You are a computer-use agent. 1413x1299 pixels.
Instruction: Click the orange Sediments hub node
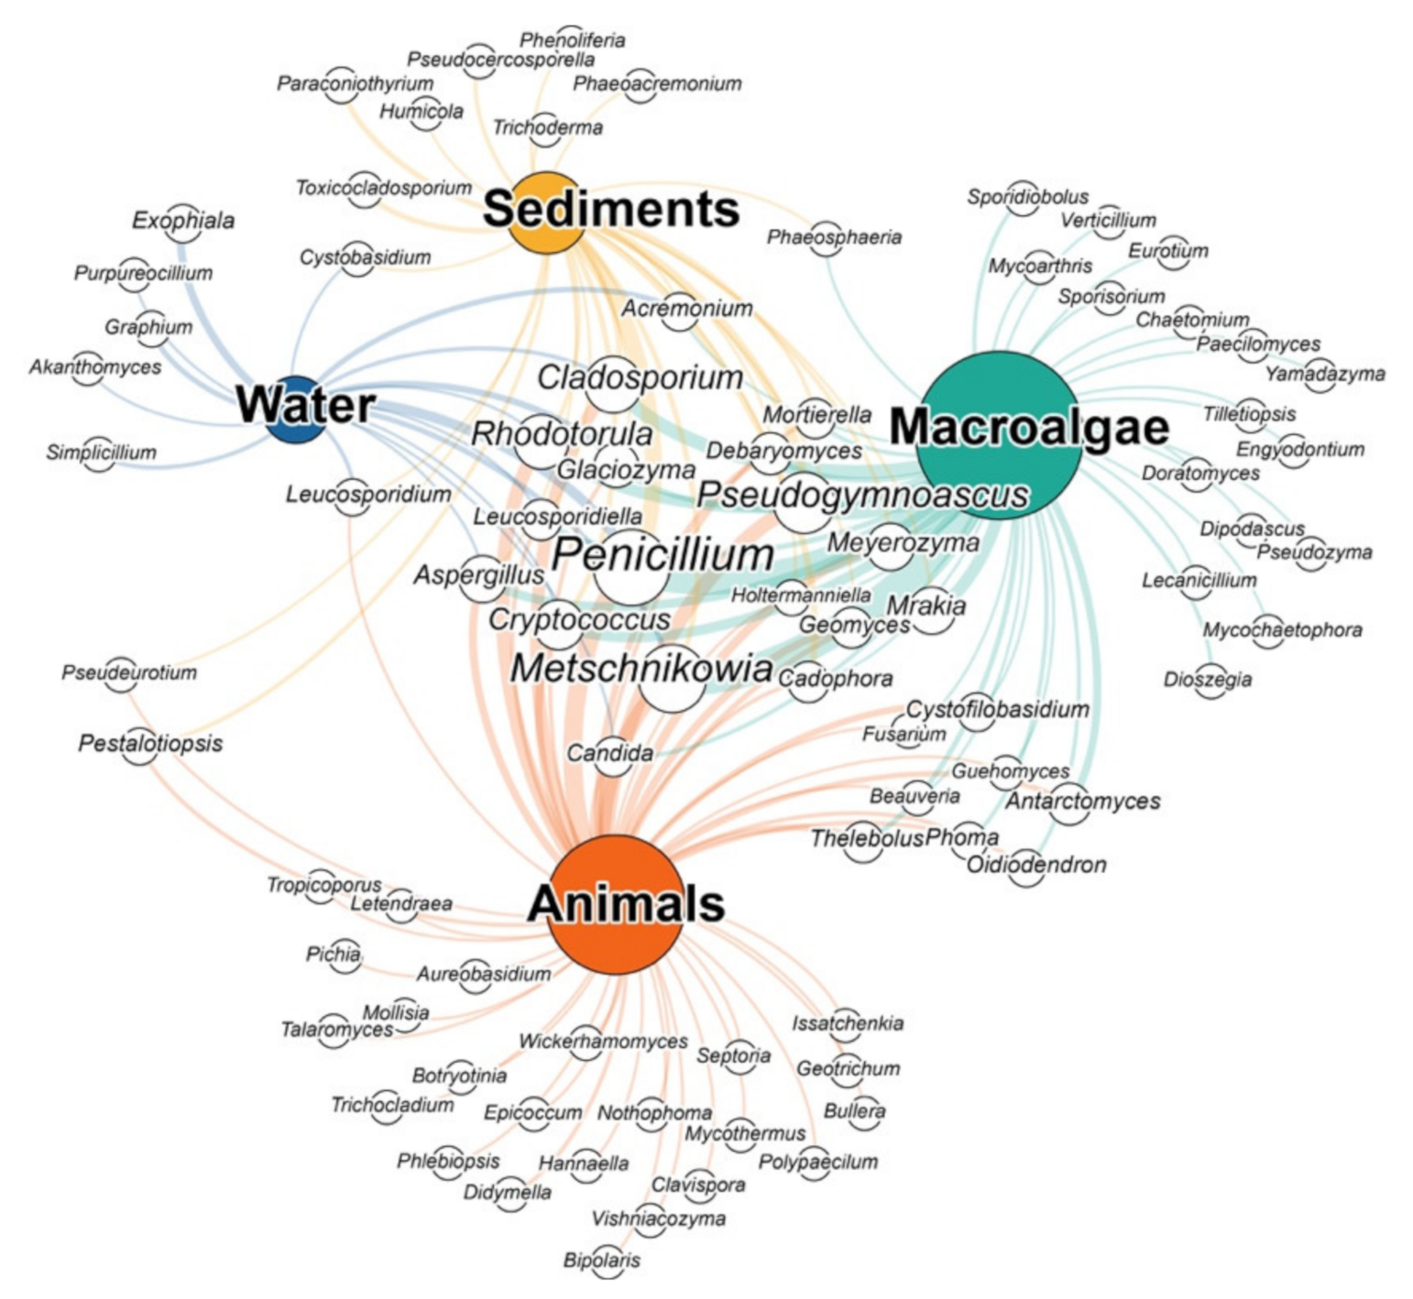click(545, 213)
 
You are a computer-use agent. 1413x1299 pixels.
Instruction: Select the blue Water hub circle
click(295, 409)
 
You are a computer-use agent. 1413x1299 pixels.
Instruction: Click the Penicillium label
click(663, 555)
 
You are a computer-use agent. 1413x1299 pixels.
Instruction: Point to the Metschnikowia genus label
click(641, 669)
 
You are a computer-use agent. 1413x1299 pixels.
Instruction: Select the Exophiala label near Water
click(183, 221)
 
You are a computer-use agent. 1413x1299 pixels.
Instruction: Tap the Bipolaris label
click(602, 1261)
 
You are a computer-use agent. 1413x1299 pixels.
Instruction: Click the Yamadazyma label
click(1325, 374)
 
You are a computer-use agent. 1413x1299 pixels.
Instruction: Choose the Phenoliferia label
click(573, 40)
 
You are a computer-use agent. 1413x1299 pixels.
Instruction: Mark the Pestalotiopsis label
click(150, 743)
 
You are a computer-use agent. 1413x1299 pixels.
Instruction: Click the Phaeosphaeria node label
click(834, 237)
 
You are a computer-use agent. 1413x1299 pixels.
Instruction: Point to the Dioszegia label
click(1208, 680)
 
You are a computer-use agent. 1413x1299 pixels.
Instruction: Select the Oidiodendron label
click(1036, 865)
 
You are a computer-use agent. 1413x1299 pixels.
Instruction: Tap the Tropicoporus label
click(323, 885)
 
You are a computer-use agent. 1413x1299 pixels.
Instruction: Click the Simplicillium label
click(102, 453)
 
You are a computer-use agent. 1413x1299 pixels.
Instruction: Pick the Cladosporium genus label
click(640, 377)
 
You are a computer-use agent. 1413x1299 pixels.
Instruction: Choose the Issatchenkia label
click(848, 1023)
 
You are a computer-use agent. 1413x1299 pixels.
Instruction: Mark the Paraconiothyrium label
click(356, 83)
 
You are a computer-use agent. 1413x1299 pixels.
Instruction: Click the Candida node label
click(609, 754)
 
